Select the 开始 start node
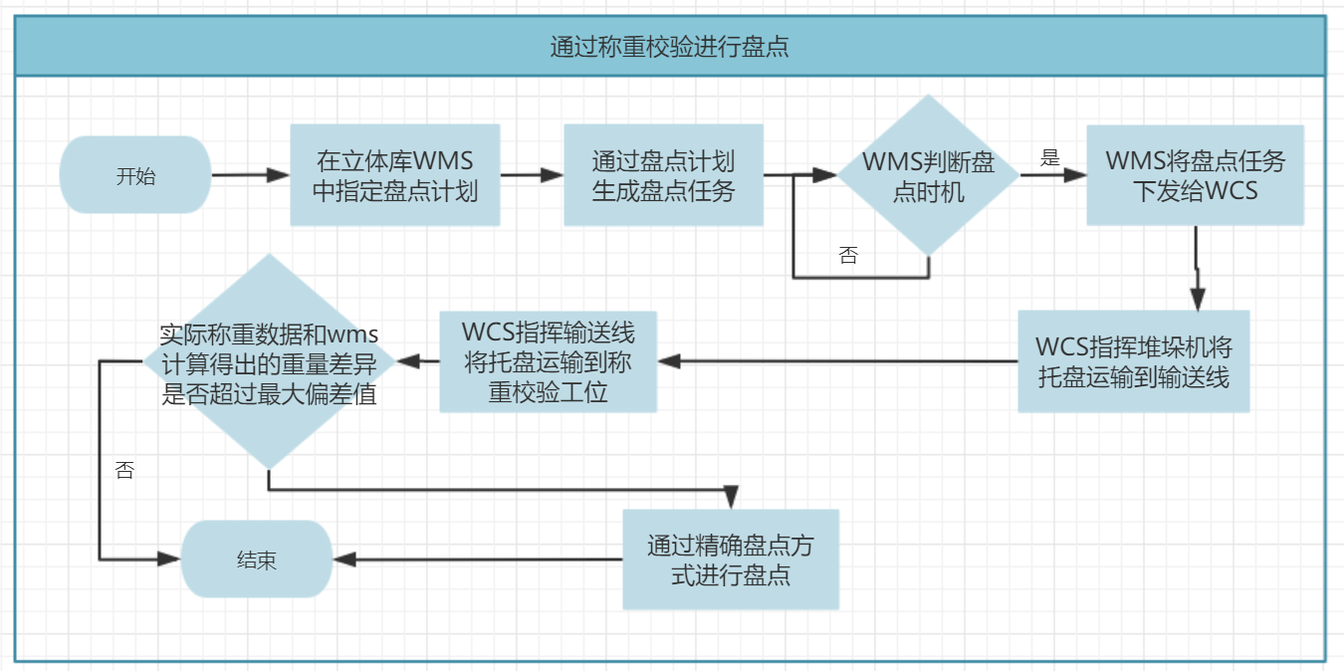click(x=135, y=175)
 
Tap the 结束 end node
click(x=256, y=559)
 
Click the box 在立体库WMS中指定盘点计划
click(x=395, y=175)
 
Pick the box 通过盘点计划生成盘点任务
click(x=663, y=175)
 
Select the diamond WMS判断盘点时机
click(x=928, y=175)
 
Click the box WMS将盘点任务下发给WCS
click(x=1195, y=175)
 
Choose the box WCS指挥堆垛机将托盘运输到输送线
click(x=1133, y=361)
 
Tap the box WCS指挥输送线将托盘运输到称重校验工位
click(x=549, y=361)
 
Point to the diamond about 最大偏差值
click(x=269, y=361)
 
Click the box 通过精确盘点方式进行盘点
click(x=731, y=559)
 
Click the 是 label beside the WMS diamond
click(x=1050, y=157)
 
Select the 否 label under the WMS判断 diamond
click(x=848, y=256)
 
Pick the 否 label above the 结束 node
click(x=124, y=471)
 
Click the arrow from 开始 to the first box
click(x=250, y=175)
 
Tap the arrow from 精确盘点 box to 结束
click(x=478, y=559)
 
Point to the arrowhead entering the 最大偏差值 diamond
click(x=407, y=361)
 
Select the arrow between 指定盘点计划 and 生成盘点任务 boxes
click(x=532, y=175)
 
